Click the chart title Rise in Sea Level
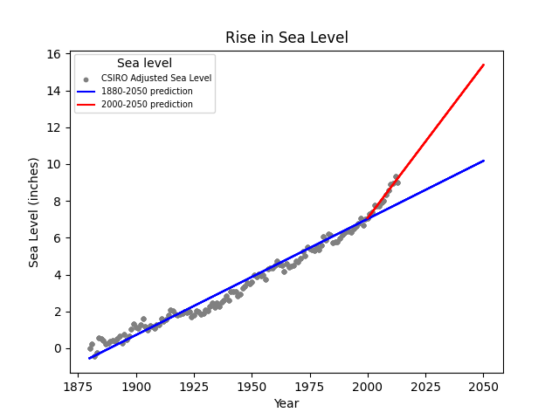286,38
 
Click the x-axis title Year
286,403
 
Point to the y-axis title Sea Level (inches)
34,212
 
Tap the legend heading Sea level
144,63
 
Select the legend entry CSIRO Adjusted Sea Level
155,79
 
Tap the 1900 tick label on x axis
136,386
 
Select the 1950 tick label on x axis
252,386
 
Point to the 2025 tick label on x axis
425,386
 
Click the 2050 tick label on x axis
483,386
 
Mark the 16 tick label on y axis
53,54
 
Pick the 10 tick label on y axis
53,164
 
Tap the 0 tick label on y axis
57,348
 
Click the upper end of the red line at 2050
483,65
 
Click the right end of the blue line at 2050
483,161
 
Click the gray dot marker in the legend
86,79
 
